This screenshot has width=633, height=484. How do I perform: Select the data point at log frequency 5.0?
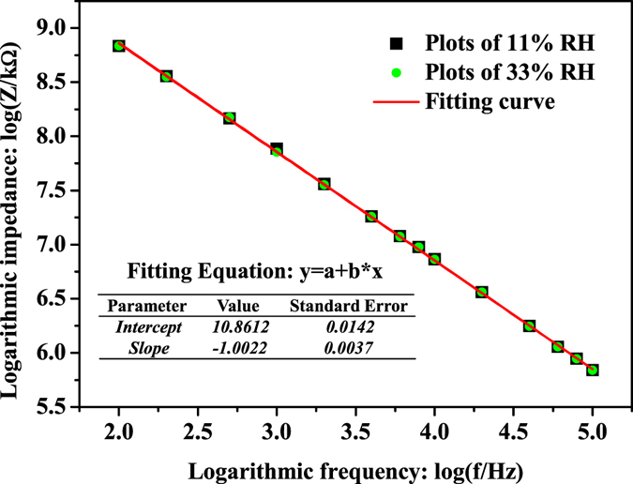(x=592, y=371)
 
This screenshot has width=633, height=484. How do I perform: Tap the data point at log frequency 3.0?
(x=277, y=149)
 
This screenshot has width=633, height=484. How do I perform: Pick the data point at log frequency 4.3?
(x=482, y=292)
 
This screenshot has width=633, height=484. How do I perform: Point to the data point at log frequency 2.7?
(x=229, y=118)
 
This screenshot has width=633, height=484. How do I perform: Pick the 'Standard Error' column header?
(x=347, y=307)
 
